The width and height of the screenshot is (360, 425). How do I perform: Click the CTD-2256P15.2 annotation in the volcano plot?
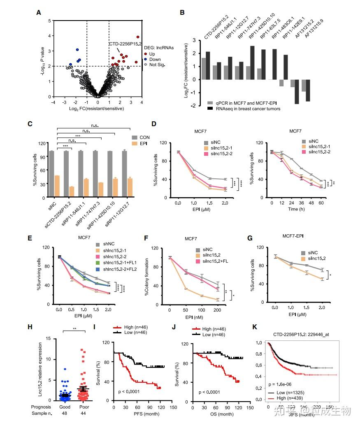click(x=125, y=43)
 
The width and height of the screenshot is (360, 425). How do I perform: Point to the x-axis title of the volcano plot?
click(x=98, y=108)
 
